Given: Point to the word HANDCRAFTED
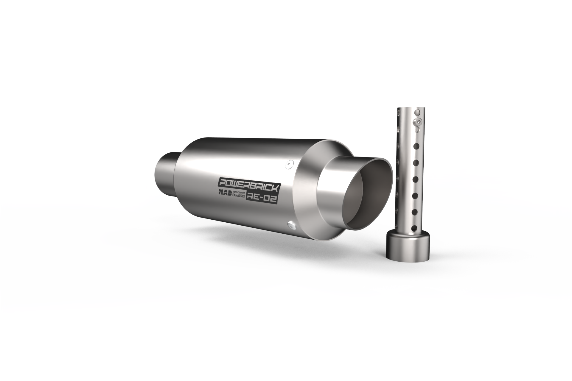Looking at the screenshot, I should (239, 193).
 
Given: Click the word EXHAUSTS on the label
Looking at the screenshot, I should (238, 196).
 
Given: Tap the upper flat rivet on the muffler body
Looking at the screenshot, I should (288, 164).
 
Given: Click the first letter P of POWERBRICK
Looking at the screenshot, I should (223, 182).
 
